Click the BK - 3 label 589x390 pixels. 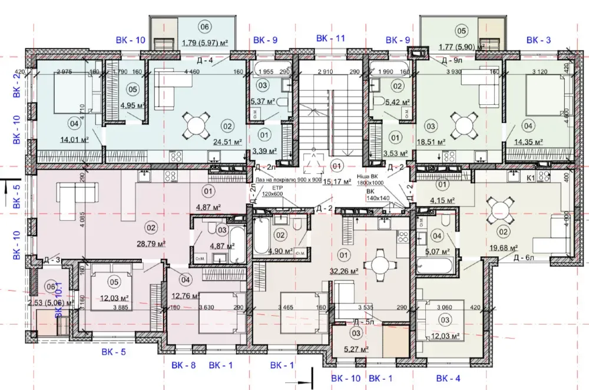(538, 40)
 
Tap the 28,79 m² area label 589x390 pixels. (152, 243)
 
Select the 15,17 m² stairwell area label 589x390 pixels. (337, 182)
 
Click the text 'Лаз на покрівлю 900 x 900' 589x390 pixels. (288, 179)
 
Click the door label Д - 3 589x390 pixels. (52, 259)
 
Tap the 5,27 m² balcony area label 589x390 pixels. (356, 349)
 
